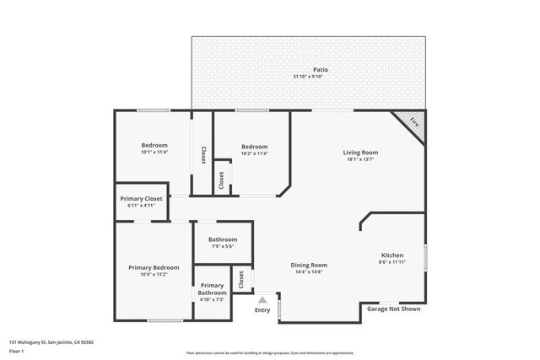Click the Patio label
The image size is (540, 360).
click(x=321, y=70)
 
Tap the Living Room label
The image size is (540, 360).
click(x=360, y=153)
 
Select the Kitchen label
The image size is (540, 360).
click(x=392, y=255)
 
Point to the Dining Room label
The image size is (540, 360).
click(x=310, y=265)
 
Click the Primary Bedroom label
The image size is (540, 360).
click(x=154, y=267)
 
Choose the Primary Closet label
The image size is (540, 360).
click(x=143, y=198)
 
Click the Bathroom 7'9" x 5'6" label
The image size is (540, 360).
click(x=224, y=239)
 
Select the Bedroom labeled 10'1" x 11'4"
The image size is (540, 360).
click(x=154, y=145)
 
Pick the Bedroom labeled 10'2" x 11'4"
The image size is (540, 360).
click(x=254, y=146)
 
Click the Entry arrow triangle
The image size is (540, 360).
click(x=262, y=298)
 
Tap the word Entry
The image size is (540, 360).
click(x=262, y=309)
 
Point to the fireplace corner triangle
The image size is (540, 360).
click(x=413, y=121)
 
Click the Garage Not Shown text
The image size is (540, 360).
click(x=393, y=309)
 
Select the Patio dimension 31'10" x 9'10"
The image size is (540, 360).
click(x=308, y=77)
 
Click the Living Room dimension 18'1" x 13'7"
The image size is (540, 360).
click(x=360, y=159)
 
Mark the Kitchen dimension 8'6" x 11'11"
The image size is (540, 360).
click(x=392, y=262)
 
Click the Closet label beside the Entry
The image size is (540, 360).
click(x=241, y=279)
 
